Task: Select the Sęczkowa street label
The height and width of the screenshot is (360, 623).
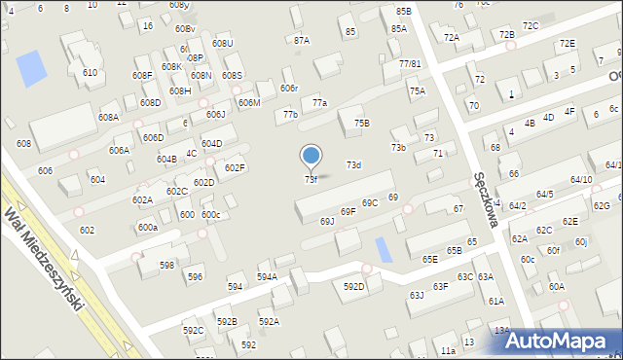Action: coord(486,200)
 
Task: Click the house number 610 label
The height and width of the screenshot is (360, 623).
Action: coord(90,73)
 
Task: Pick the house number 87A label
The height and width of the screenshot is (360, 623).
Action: coord(302,41)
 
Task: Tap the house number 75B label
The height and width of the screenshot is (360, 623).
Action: coord(361,124)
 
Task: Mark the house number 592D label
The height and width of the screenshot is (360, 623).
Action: coord(353,287)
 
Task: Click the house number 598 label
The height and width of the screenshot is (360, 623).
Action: coord(167,266)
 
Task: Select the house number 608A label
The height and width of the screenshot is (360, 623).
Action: coord(108,118)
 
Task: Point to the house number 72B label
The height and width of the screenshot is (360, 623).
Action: coord(506,35)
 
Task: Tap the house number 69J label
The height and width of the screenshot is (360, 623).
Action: coord(327,222)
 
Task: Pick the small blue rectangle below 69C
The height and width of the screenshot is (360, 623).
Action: coord(385,249)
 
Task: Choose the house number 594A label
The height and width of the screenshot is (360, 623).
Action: coord(267,277)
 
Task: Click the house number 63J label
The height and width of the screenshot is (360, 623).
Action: coord(416,295)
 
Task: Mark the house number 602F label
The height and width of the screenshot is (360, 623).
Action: coord(235,168)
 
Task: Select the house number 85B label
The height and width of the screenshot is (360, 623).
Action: coord(404,11)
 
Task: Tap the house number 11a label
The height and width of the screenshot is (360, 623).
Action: coord(448,350)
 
